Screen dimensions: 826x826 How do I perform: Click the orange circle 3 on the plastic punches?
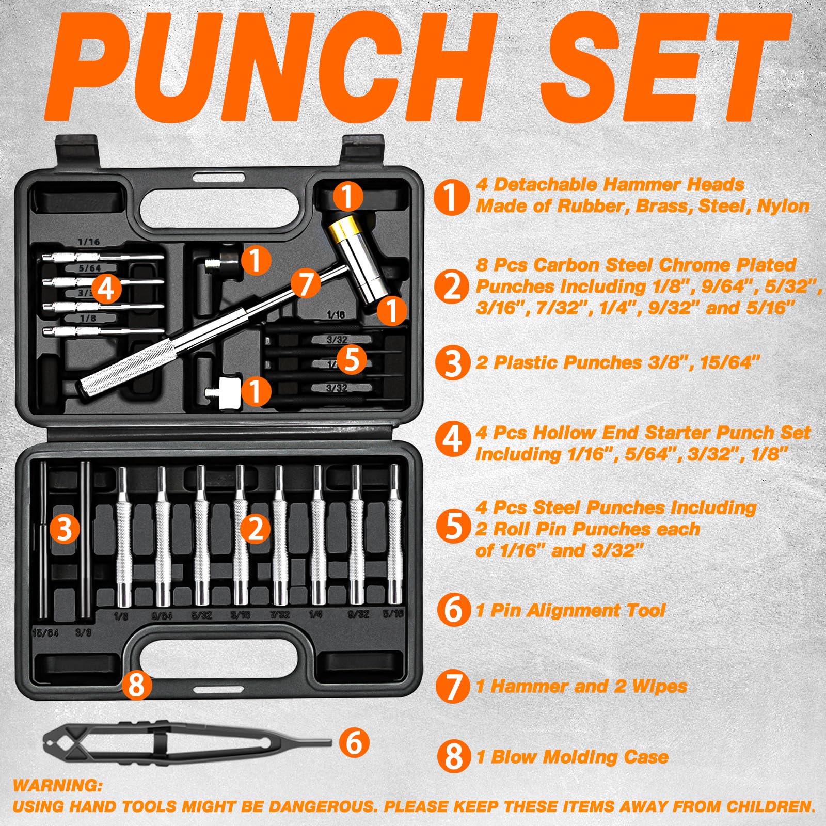point(65,529)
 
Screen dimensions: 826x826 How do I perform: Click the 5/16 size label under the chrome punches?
point(393,614)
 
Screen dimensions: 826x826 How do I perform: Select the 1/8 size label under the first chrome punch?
point(121,616)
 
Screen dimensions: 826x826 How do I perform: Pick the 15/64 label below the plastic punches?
point(45,633)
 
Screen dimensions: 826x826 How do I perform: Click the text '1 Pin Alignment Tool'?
point(570,610)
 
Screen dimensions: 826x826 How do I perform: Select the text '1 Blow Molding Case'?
point(572,757)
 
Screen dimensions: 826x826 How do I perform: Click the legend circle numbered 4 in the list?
point(453,439)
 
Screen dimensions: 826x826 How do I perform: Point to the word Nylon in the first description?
point(783,206)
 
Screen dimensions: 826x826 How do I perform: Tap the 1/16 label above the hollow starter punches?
point(89,242)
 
